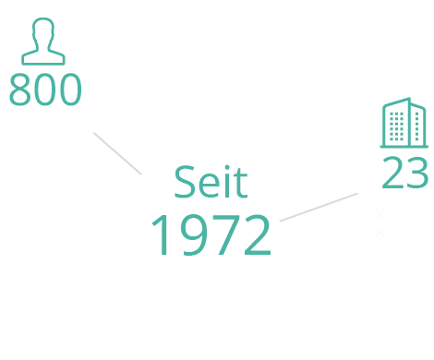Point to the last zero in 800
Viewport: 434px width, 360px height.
coord(70,92)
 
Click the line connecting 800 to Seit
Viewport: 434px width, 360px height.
coord(117,153)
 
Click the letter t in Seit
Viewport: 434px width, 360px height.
coord(239,184)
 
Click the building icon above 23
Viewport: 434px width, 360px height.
coord(404,124)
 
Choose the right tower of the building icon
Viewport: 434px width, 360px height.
coord(418,124)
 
